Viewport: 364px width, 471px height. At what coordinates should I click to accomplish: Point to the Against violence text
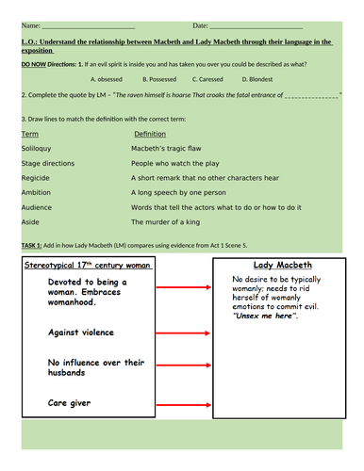81,333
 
